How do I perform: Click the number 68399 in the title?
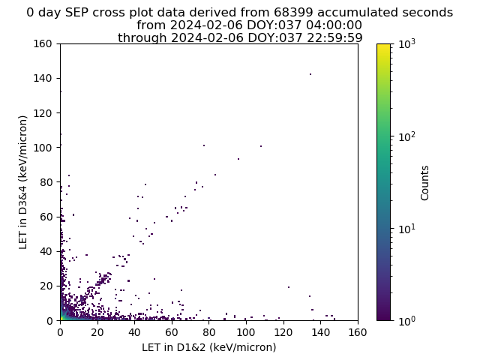click(293, 13)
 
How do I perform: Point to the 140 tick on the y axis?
click(58, 78)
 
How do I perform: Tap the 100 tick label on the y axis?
click(43, 148)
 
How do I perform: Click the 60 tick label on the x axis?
click(172, 332)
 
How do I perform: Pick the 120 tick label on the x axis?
click(283, 332)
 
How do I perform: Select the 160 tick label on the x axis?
click(358, 332)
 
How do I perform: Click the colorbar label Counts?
click(424, 183)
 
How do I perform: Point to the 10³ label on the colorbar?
click(407, 44)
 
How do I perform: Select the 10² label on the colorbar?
click(407, 136)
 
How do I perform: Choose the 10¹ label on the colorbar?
click(407, 229)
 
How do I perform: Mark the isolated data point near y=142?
click(310, 74)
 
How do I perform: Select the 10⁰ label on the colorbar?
click(407, 321)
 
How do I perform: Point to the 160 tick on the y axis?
click(58, 43)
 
